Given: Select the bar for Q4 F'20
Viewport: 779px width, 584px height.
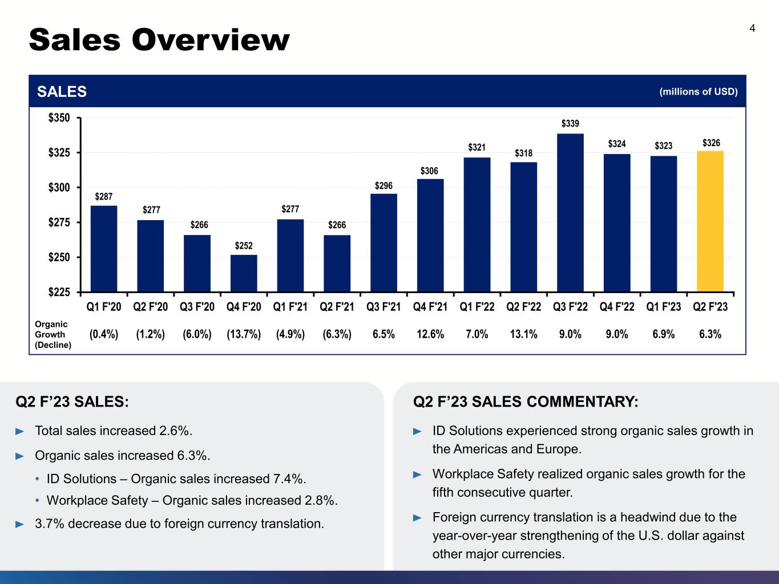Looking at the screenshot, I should pos(244,273).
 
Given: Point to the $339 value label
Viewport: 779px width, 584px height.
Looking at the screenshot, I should pos(570,123).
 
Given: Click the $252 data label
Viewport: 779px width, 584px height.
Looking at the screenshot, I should pos(244,245).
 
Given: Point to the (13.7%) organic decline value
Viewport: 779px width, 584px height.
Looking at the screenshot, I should pos(244,334).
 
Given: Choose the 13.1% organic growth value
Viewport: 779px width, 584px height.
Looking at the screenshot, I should pos(524,334).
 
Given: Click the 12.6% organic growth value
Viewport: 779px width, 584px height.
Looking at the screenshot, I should pos(430,334).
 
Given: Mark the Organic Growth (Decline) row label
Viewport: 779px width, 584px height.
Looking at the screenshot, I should pos(53,334).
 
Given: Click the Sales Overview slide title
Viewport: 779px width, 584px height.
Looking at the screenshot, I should pos(159,40).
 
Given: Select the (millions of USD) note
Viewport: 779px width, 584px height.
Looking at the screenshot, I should pos(699,91).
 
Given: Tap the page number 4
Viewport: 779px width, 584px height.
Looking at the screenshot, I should pos(752,29).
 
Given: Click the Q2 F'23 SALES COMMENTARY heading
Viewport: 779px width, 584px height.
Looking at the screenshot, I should pos(526,402).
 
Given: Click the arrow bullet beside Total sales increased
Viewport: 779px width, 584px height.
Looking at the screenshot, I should pos(20,431).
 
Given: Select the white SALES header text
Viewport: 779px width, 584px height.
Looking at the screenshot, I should pos(62,91).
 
